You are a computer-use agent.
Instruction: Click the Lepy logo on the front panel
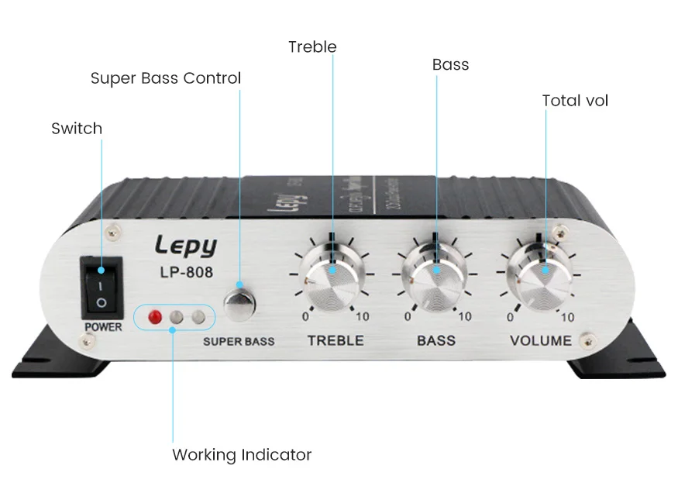pyautogui.click(x=185, y=246)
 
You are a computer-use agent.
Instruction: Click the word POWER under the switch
pyautogui.click(x=103, y=327)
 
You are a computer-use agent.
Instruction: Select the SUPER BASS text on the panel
pyautogui.click(x=239, y=341)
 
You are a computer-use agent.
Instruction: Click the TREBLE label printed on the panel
pyautogui.click(x=336, y=340)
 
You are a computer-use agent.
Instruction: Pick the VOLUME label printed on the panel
pyautogui.click(x=541, y=340)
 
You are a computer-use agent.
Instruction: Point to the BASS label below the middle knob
pyautogui.click(x=436, y=340)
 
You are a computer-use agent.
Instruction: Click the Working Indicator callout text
pyautogui.click(x=242, y=455)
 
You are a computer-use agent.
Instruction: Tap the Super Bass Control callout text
pyautogui.click(x=166, y=78)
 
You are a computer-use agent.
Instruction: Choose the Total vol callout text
pyautogui.click(x=575, y=101)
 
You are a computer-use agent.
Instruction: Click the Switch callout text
pyautogui.click(x=77, y=129)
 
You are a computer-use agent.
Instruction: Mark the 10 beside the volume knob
pyautogui.click(x=567, y=317)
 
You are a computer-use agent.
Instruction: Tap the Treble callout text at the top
pyautogui.click(x=312, y=47)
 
